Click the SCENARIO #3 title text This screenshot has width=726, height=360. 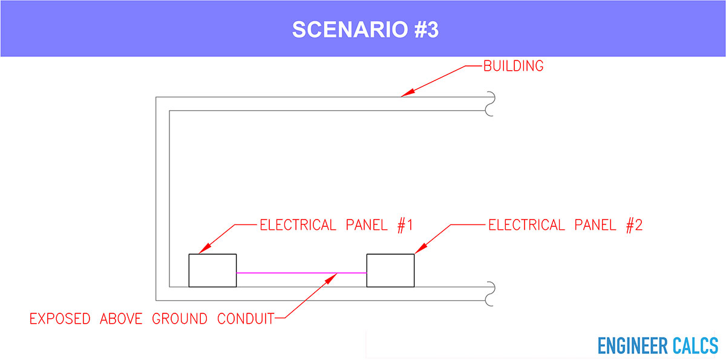pos(365,30)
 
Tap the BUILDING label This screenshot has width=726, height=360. pos(514,66)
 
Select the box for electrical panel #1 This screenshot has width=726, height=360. pos(212,270)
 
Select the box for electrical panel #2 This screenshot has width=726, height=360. pos(391,270)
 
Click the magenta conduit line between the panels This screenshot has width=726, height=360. pos(301,273)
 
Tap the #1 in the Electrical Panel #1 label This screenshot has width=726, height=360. pos(405,225)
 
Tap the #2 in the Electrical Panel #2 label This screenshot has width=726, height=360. pos(634,225)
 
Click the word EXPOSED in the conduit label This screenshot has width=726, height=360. pos(60,319)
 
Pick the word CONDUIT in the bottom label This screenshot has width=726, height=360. pos(246,319)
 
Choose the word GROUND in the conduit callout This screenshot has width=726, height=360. pos(180,319)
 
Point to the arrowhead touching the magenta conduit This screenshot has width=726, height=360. pos(331,278)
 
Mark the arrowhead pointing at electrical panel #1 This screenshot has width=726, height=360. pos(205,249)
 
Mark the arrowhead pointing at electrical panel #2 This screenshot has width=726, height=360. pos(421,249)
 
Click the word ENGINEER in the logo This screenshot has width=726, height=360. pos(633,345)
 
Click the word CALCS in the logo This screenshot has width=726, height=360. pos(696,345)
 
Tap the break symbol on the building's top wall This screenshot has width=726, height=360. pos(491,103)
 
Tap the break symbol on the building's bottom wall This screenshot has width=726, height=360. pos(491,294)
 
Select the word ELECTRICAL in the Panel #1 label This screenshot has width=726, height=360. pos(298,225)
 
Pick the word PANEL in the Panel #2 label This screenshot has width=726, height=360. pos(595,225)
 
